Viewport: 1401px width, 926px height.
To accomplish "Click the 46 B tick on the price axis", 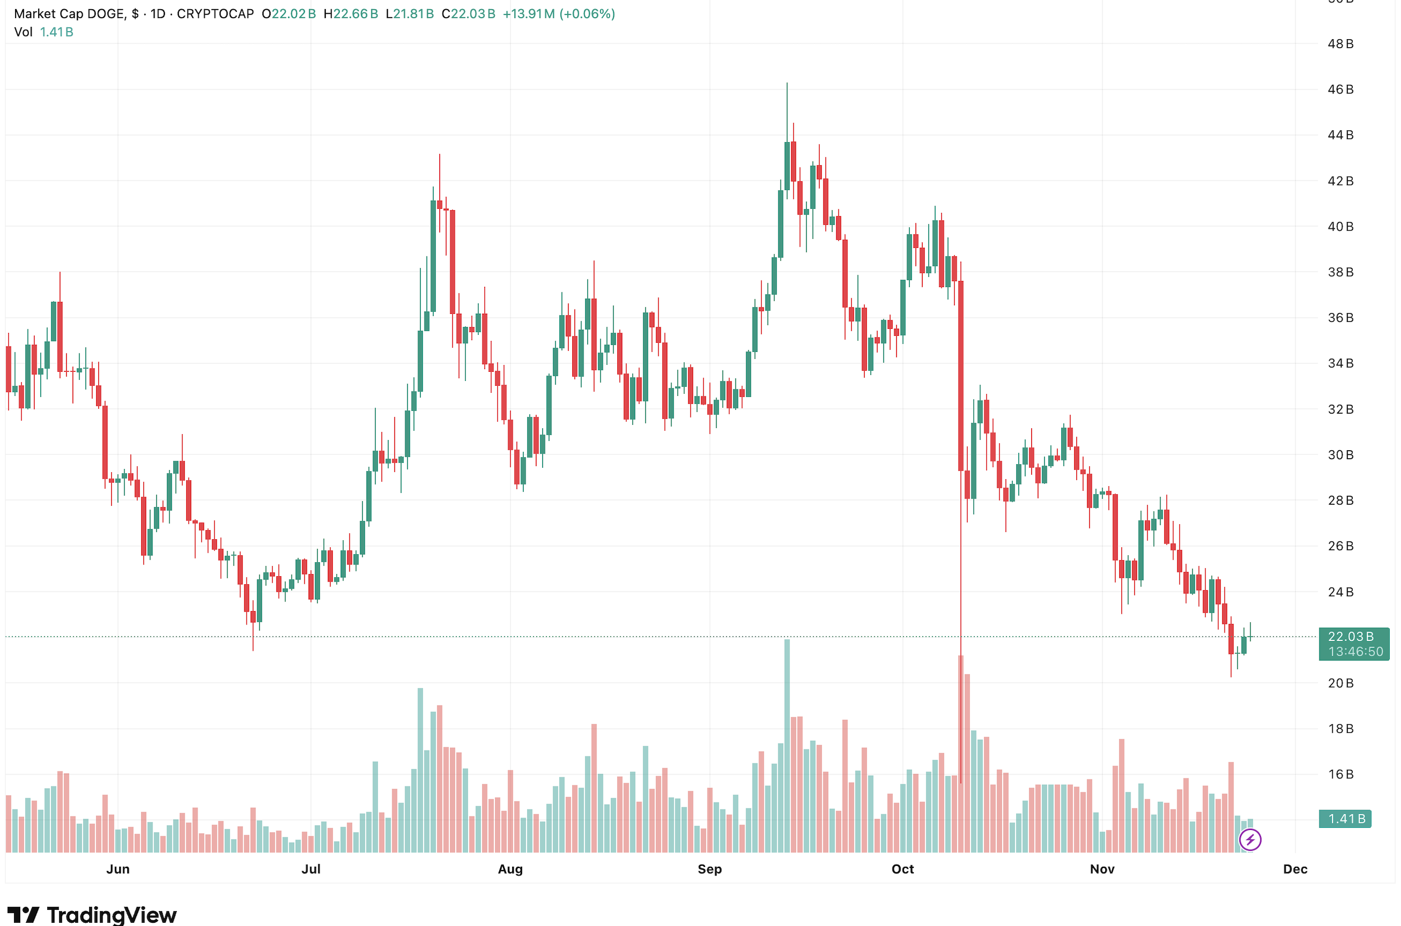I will [1340, 90].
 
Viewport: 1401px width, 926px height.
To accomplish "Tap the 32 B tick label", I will [1340, 409].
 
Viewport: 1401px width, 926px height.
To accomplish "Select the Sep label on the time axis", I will [709, 869].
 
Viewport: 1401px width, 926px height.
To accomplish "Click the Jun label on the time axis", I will [118, 869].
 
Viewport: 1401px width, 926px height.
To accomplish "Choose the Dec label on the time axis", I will [1295, 869].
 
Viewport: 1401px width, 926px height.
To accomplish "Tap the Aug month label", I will [510, 869].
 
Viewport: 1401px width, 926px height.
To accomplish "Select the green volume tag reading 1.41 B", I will [1346, 819].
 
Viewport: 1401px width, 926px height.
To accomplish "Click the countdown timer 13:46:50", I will [1355, 652].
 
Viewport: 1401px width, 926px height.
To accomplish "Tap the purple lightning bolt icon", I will [1250, 840].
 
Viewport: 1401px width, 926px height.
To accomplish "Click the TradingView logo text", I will [111, 915].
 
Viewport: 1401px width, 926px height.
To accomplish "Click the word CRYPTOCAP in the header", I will [215, 13].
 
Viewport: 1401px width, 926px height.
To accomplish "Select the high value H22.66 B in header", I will [351, 13].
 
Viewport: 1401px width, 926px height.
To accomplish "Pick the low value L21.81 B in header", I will [410, 13].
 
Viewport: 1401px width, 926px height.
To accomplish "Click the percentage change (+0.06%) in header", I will [587, 13].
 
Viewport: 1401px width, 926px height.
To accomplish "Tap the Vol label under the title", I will [23, 32].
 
